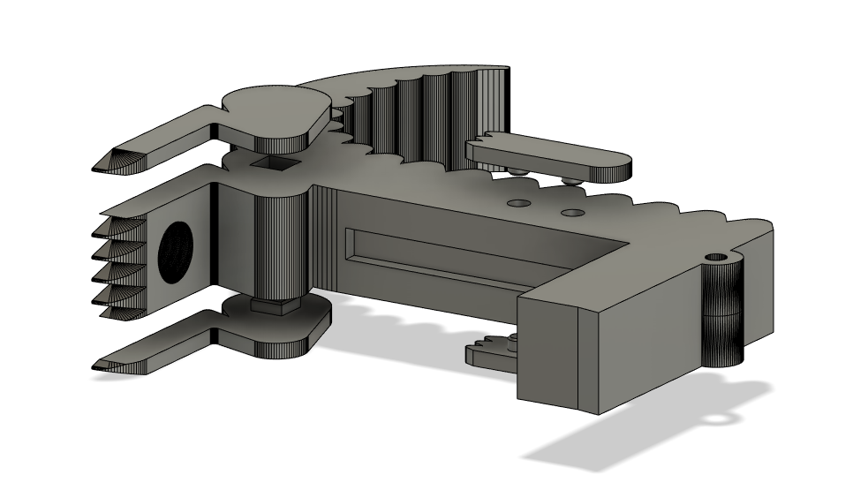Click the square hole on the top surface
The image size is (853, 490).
point(269,163)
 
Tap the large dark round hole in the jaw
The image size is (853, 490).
point(176,250)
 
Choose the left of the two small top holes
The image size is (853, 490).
point(518,203)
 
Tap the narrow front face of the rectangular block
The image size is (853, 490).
point(547,353)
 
